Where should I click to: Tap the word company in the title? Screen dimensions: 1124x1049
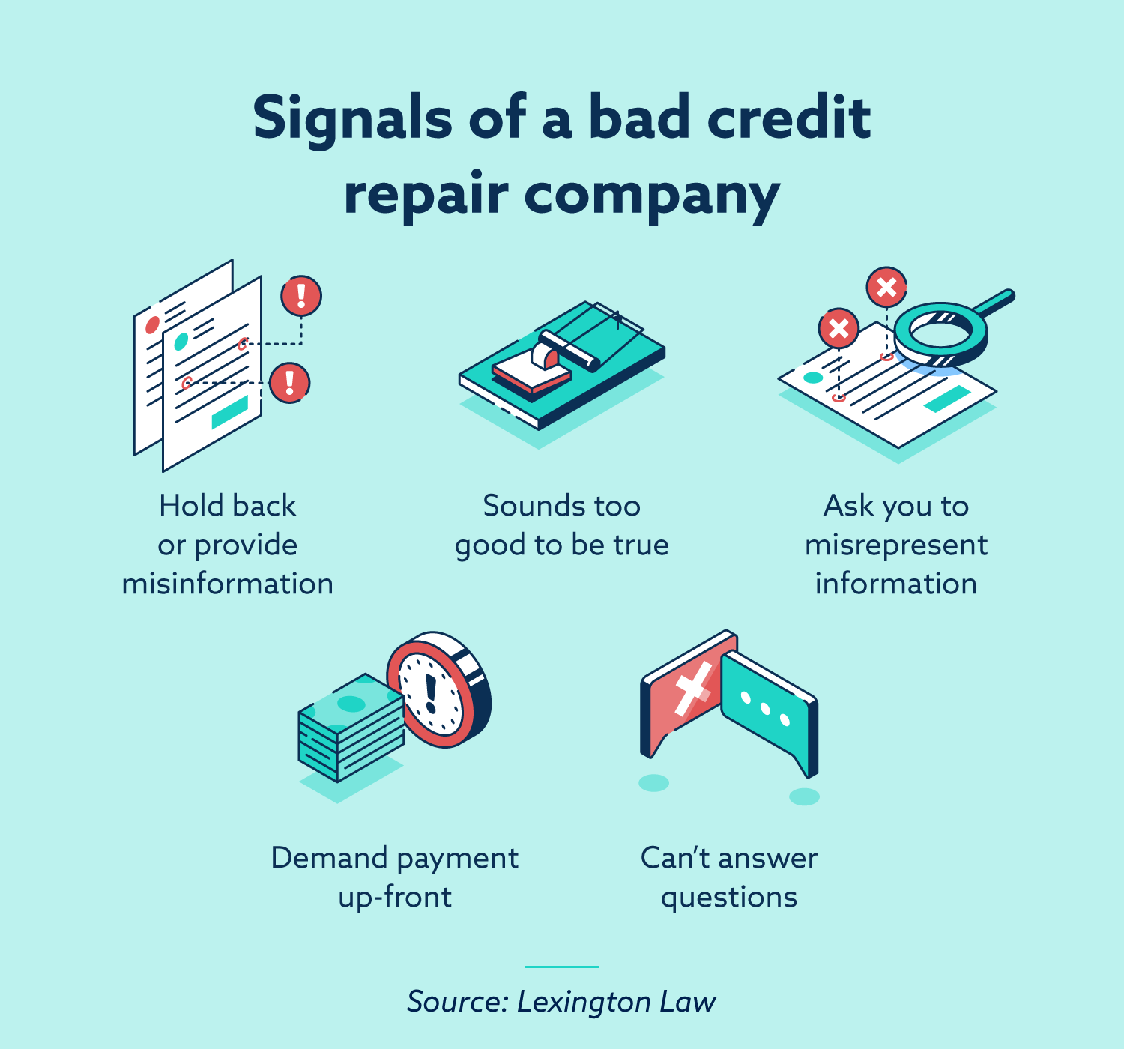652,196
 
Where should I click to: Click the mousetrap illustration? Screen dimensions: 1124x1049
562,365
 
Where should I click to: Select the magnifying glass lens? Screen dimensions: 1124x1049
940,335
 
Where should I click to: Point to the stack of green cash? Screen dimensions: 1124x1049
351,728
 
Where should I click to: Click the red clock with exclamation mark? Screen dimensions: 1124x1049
439,689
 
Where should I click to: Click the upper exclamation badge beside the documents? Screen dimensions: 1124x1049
301,295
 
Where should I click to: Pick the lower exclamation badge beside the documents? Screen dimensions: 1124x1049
290,383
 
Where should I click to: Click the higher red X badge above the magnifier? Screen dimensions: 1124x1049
886,287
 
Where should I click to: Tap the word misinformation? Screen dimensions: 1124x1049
228,584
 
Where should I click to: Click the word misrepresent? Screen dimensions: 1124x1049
896,546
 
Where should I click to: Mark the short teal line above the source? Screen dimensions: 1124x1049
561,967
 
